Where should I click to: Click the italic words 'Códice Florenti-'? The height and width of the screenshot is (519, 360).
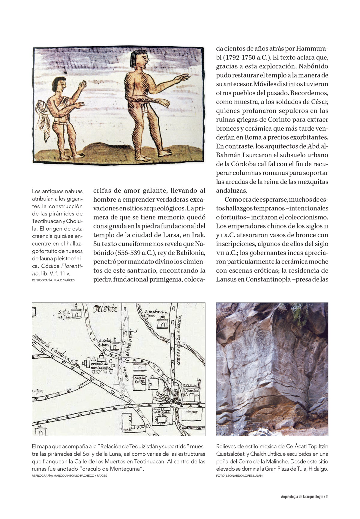tap(62, 266)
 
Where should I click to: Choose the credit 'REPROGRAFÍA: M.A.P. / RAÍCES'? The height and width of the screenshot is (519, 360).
tap(53, 280)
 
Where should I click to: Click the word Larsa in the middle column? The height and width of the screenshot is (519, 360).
tap(169, 235)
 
